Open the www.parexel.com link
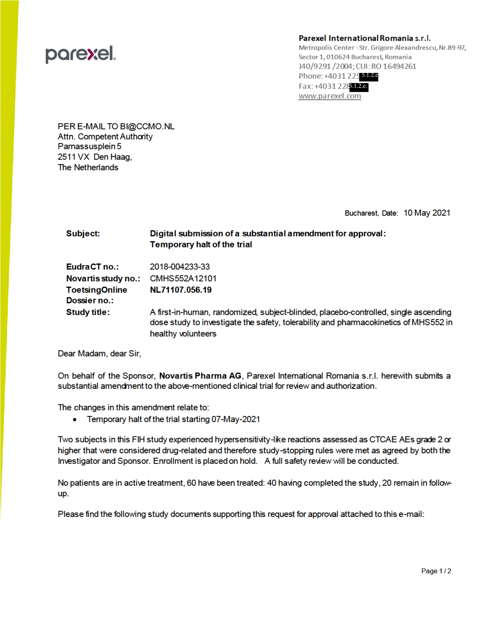(329, 96)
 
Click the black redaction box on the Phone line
(369, 76)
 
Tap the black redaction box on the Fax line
(359, 87)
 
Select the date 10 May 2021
(427, 213)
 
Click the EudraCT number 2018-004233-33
(180, 267)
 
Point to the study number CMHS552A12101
(183, 278)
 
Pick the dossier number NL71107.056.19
(181, 290)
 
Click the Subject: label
(83, 233)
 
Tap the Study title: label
(88, 312)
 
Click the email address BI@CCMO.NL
(147, 126)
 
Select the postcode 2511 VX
(74, 157)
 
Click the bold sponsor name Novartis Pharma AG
(200, 376)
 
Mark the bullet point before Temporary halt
(75, 420)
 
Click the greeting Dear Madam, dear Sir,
(99, 354)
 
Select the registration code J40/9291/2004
(325, 67)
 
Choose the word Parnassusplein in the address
(86, 146)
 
